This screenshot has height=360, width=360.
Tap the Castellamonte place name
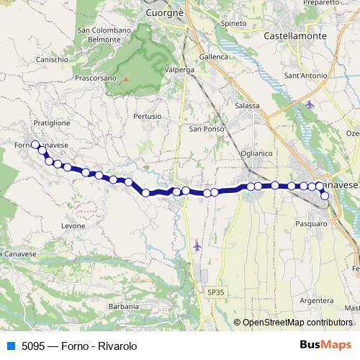pos(295,35)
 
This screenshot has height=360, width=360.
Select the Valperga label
pos(181,70)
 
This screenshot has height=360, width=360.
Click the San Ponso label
pos(204,130)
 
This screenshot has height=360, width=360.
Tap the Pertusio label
pos(146,116)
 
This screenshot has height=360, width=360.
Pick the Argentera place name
pos(315,300)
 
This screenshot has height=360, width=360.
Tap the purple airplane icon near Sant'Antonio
pos(310,105)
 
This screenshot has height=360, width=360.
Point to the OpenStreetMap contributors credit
pos(296,323)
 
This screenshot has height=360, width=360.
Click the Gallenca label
pos(213,57)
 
